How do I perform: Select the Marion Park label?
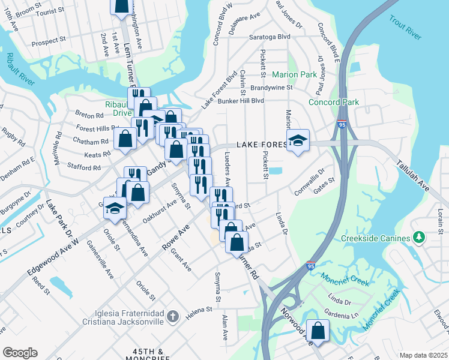click(294, 75)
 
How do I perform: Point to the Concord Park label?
click(334, 102)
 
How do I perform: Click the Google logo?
click(20, 353)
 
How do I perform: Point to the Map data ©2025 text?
click(423, 355)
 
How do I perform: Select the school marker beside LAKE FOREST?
click(298, 141)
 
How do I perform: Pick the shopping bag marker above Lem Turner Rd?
click(121, 5)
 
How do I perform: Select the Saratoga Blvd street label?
click(270, 37)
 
